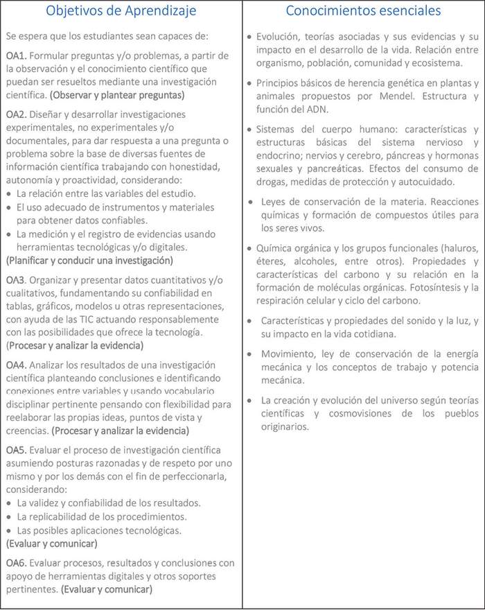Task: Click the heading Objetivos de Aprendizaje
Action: [x=121, y=10]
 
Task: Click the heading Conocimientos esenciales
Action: [x=363, y=10]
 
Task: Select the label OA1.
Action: [x=16, y=55]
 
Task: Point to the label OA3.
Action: [x=16, y=280]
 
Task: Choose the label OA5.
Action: [x=16, y=451]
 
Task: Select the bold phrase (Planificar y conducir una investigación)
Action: [x=89, y=261]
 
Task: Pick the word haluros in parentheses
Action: [x=457, y=247]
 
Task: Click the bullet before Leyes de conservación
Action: [x=252, y=202]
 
